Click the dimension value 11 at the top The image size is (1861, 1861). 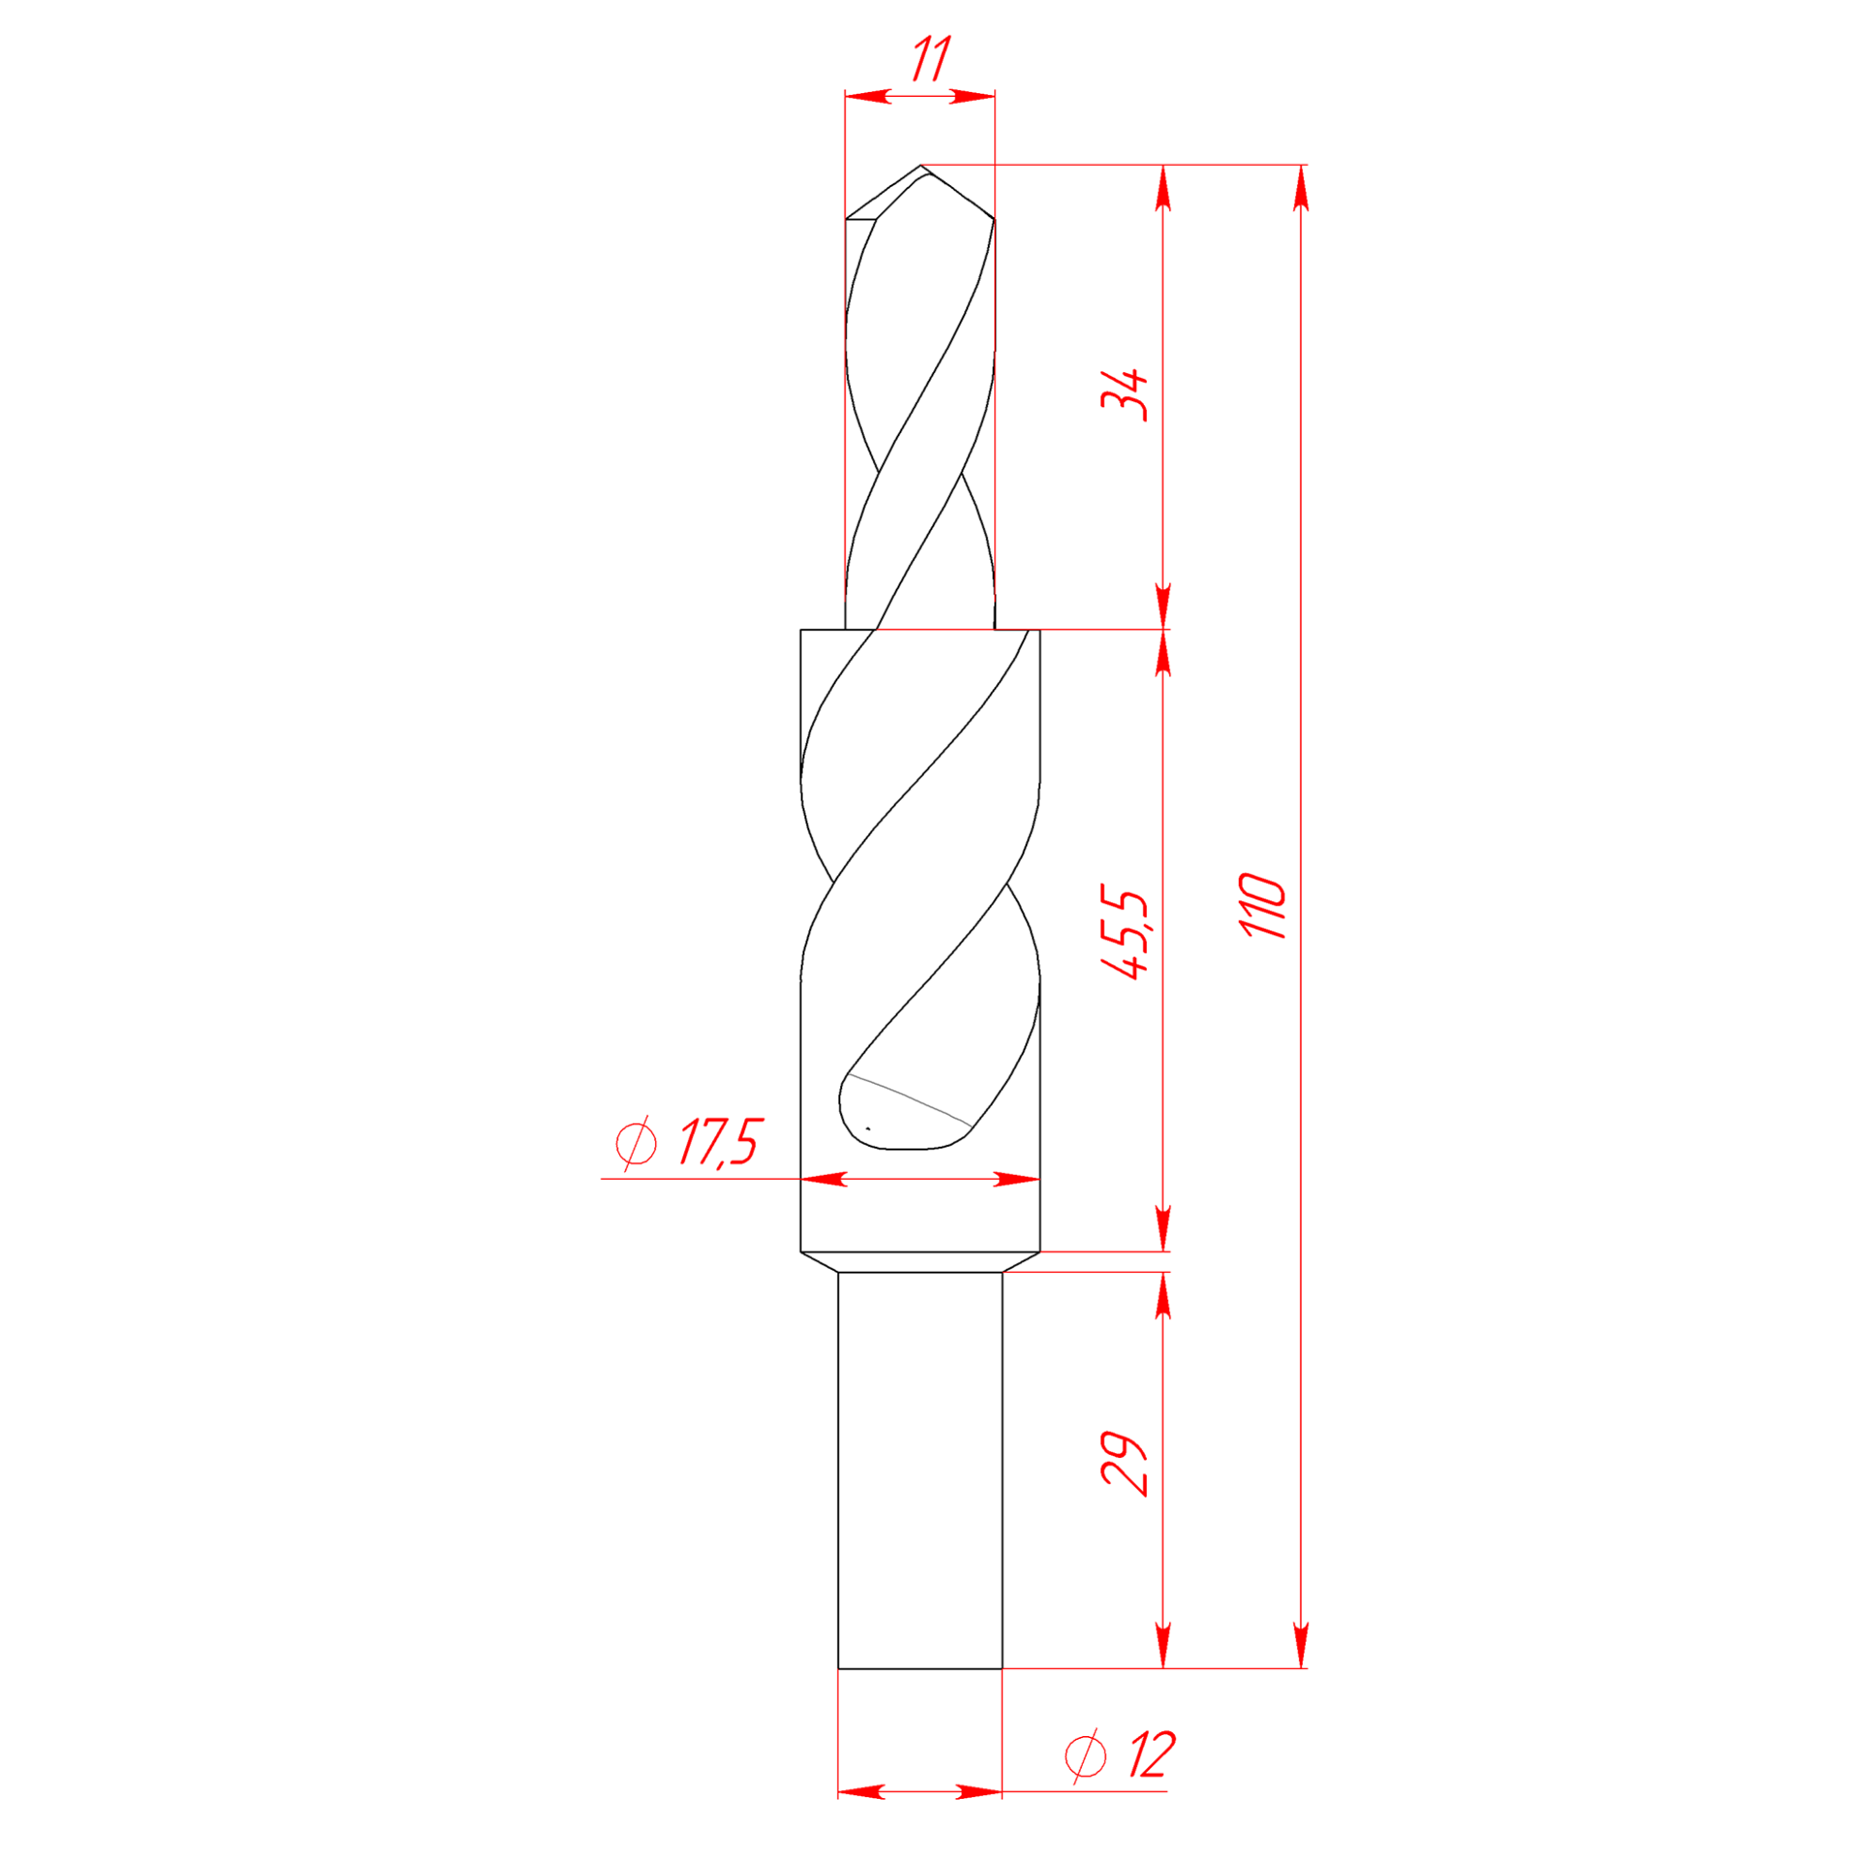pos(930,59)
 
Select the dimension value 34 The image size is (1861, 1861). pos(1124,394)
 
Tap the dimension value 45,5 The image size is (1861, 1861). pos(1124,932)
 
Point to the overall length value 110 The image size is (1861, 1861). pos(1263,905)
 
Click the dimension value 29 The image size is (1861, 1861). pos(1124,1465)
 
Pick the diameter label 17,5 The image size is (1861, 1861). pos(720,1143)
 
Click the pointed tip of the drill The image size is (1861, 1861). pos(921,166)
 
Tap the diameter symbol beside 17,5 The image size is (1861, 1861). pos(637,1144)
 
